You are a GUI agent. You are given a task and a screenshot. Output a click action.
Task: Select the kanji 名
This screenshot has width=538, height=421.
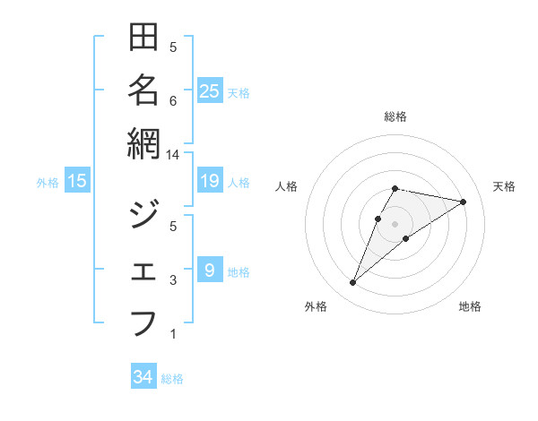(x=143, y=90)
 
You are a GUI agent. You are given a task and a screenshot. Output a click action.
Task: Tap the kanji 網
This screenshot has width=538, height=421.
(x=143, y=144)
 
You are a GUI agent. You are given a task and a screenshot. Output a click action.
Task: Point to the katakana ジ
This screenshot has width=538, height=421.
(x=143, y=216)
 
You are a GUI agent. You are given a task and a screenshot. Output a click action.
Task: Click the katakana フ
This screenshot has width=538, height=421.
(x=143, y=322)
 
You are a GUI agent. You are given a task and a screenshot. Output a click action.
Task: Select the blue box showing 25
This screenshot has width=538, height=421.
(x=210, y=91)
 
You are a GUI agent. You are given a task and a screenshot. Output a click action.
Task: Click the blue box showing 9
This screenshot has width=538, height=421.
(x=210, y=271)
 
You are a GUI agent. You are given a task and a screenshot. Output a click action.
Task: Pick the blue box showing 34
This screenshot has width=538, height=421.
(x=143, y=378)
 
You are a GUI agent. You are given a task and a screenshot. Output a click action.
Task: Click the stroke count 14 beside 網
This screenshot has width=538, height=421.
(x=173, y=154)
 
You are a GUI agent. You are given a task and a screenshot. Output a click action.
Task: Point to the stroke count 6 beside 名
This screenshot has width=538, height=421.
(x=173, y=100)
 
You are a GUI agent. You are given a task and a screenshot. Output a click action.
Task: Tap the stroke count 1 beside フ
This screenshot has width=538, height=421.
(x=173, y=334)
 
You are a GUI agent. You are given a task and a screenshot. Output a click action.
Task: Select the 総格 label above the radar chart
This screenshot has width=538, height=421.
(x=395, y=116)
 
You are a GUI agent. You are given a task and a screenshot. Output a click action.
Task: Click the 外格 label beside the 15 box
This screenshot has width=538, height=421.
(x=48, y=183)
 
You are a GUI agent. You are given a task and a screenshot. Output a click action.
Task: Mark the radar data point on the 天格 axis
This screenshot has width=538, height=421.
(x=464, y=202)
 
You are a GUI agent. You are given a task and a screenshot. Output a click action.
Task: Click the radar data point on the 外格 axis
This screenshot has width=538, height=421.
(x=353, y=283)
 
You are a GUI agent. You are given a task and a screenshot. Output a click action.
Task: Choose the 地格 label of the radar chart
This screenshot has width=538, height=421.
(x=470, y=307)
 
